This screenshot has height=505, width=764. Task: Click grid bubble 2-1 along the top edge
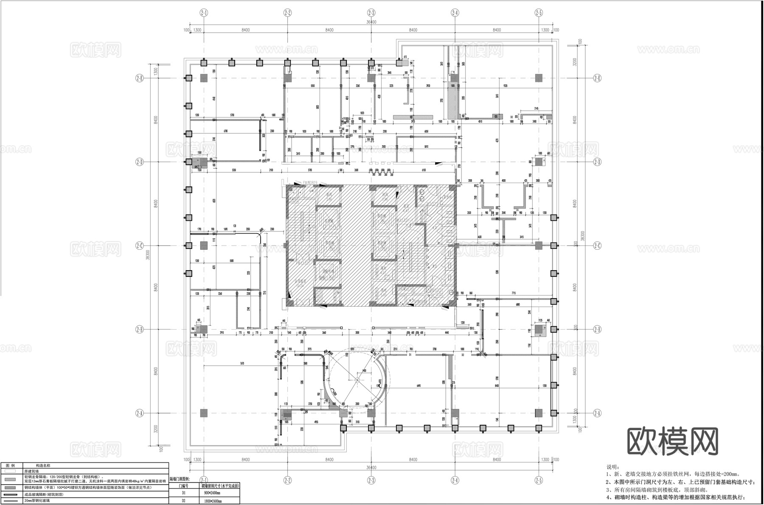tap(204, 13)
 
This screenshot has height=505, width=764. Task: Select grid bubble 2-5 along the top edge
tap(539, 13)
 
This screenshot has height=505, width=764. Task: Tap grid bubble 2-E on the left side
tap(139, 78)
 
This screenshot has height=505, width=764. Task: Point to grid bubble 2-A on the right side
tap(598, 413)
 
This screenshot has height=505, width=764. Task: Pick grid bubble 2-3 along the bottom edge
tap(371, 480)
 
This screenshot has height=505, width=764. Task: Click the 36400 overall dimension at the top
tap(371, 23)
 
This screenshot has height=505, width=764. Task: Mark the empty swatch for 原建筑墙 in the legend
tap(12, 471)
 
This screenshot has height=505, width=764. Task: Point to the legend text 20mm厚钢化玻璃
tap(37, 501)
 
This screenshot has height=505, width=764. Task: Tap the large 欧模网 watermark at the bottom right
tap(673, 442)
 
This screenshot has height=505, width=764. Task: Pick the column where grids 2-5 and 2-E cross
tap(539, 78)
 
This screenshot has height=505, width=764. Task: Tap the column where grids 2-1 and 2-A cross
tap(204, 413)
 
